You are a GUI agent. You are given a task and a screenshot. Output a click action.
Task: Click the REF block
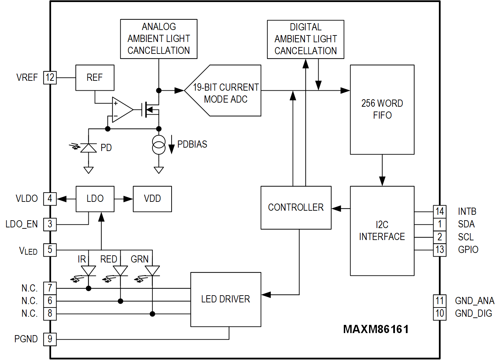(x=95, y=78)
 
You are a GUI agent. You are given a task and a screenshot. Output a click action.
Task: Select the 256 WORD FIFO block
(x=382, y=109)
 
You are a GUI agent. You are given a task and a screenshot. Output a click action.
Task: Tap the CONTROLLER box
(x=296, y=207)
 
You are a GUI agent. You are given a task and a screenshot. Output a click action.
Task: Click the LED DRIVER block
(x=225, y=299)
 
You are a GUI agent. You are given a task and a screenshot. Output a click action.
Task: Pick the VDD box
(x=152, y=199)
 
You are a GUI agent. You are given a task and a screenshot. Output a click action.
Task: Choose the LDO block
(x=95, y=199)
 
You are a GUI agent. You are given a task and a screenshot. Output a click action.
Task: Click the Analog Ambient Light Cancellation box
(x=159, y=39)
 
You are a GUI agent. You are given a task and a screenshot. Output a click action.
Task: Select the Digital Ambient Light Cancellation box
(x=305, y=39)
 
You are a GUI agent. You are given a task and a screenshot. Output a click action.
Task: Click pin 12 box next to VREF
(x=50, y=78)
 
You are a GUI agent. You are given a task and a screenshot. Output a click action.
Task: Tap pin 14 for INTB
(x=440, y=212)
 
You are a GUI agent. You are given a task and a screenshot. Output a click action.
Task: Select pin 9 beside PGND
(x=50, y=339)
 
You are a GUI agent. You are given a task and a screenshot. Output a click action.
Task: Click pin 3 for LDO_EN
(x=50, y=224)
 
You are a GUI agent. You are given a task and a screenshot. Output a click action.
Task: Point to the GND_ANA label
(x=474, y=301)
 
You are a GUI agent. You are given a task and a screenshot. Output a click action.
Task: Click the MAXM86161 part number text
(x=376, y=329)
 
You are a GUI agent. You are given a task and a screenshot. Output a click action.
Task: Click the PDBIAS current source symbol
(x=159, y=145)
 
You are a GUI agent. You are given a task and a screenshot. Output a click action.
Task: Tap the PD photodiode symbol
(x=88, y=148)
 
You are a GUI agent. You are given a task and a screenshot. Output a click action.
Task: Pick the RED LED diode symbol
(x=120, y=271)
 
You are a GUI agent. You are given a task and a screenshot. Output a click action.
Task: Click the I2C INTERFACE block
(x=382, y=231)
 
